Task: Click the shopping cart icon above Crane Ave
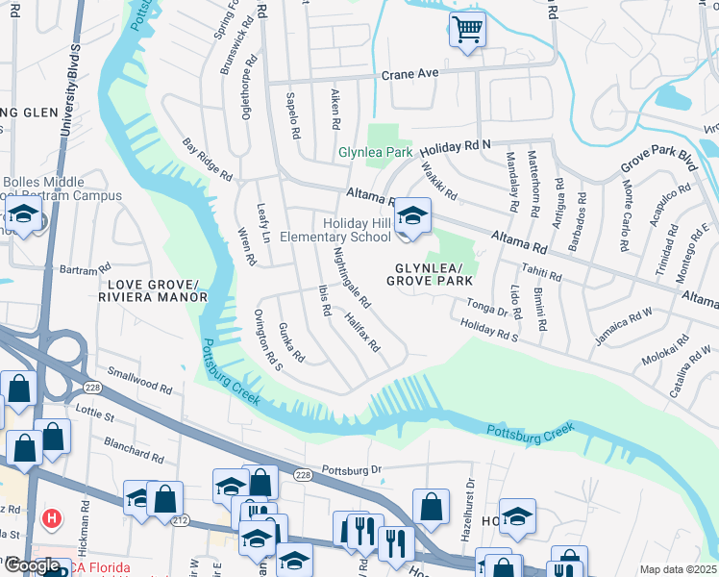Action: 467,31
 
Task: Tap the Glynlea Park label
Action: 375,153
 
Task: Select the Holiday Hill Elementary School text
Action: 335,230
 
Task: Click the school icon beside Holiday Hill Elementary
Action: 411,216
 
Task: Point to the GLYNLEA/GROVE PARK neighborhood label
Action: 430,274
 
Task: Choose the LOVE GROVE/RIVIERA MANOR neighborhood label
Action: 158,290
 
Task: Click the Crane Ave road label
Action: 409,74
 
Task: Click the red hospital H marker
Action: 51,519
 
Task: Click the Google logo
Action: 32,565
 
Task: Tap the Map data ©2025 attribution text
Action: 678,569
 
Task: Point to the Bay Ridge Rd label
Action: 208,161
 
